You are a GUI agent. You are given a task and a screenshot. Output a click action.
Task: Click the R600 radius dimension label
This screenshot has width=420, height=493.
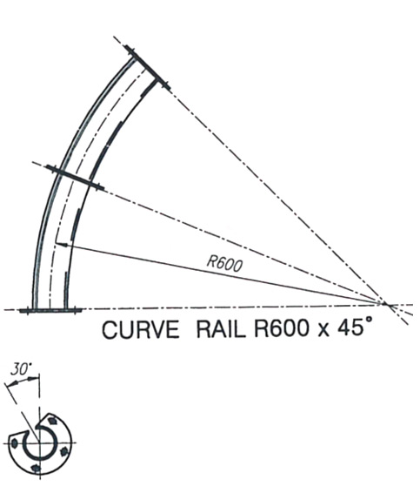pyautogui.click(x=224, y=263)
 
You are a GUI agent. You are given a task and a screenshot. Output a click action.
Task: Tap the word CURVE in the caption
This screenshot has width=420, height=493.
pyautogui.click(x=141, y=330)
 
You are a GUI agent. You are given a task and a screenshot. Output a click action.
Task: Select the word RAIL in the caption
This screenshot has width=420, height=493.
pyautogui.click(x=221, y=329)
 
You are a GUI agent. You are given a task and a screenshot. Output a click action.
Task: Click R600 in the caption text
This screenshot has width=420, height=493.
pyautogui.click(x=281, y=329)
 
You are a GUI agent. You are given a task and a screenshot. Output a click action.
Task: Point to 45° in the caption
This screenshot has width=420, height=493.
pyautogui.click(x=355, y=327)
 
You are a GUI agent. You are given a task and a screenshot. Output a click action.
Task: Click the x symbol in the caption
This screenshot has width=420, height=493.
pyautogui.click(x=323, y=332)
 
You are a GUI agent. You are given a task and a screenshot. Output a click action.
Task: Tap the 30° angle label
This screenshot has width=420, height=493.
pyautogui.click(x=20, y=368)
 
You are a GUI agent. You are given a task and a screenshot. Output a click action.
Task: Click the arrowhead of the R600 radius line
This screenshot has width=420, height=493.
pyautogui.click(x=61, y=244)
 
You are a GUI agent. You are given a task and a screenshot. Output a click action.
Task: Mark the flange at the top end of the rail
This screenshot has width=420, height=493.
pyautogui.click(x=147, y=68)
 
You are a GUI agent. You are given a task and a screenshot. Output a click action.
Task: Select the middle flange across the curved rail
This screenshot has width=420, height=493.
pyautogui.click(x=75, y=178)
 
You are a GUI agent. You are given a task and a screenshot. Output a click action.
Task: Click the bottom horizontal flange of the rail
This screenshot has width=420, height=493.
pyautogui.click(x=50, y=311)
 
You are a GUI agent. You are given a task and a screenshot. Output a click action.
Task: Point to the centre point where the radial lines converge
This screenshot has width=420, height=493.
pyautogui.click(x=385, y=304)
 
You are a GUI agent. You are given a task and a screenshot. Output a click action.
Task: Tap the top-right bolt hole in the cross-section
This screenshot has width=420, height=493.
pyautogui.click(x=53, y=421)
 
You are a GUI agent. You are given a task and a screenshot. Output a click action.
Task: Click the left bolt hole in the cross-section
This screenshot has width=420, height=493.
pyautogui.click(x=14, y=443)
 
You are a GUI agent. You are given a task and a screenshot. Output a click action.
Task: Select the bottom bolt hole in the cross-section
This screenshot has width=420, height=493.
pyautogui.click(x=37, y=469)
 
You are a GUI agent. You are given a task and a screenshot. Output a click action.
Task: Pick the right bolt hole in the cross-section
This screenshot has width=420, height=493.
pyautogui.click(x=63, y=451)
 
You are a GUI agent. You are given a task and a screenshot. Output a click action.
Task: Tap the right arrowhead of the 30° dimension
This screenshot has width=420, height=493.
pyautogui.click(x=34, y=379)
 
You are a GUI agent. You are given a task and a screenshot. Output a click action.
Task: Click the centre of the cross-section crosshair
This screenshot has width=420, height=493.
pyautogui.click(x=39, y=443)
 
